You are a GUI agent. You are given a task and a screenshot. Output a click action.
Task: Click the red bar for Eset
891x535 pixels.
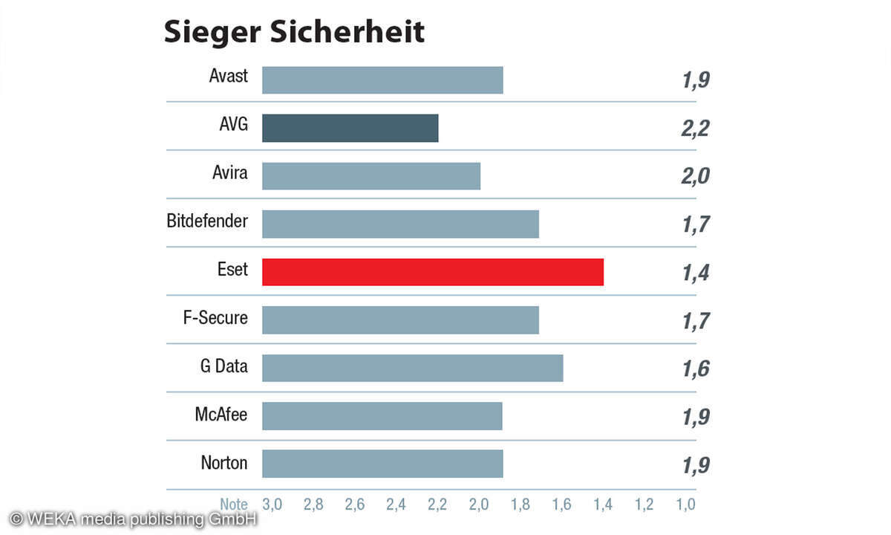pos(432,272)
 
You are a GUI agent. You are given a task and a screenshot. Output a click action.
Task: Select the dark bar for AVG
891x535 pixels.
pos(350,128)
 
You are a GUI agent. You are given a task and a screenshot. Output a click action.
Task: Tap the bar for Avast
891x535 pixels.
pos(382,80)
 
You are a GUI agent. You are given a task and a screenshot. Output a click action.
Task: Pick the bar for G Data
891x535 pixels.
pos(412,368)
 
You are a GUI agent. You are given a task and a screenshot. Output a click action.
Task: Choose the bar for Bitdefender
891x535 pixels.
pos(400,224)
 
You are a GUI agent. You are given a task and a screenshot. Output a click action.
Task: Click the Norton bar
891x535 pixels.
pos(382,464)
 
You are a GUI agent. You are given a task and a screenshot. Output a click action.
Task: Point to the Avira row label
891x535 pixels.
pos(229,173)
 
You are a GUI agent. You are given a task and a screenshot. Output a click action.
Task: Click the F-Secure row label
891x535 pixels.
pos(215,318)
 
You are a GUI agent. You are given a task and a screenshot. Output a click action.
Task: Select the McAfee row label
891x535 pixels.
pos(221,414)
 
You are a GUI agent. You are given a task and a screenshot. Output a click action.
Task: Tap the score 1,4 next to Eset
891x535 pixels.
pos(696,273)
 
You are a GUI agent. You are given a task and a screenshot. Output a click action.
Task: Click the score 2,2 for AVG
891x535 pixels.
pos(696,129)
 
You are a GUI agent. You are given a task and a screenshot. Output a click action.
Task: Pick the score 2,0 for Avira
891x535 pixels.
pos(696,177)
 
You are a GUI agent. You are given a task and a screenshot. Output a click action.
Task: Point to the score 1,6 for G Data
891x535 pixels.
pos(696,369)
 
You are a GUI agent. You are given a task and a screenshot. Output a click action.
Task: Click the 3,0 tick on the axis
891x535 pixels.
pos(272,505)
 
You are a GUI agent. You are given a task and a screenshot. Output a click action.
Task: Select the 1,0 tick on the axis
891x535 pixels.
pos(685,505)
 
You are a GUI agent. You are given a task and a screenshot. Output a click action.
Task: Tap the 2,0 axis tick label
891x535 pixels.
pos(479,505)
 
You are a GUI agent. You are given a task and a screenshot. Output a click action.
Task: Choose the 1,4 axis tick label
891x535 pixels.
pos(603,505)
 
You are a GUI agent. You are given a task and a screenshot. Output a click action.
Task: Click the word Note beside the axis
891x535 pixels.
pos(234,505)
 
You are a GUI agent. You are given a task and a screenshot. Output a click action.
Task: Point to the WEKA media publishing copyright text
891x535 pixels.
pos(133,519)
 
